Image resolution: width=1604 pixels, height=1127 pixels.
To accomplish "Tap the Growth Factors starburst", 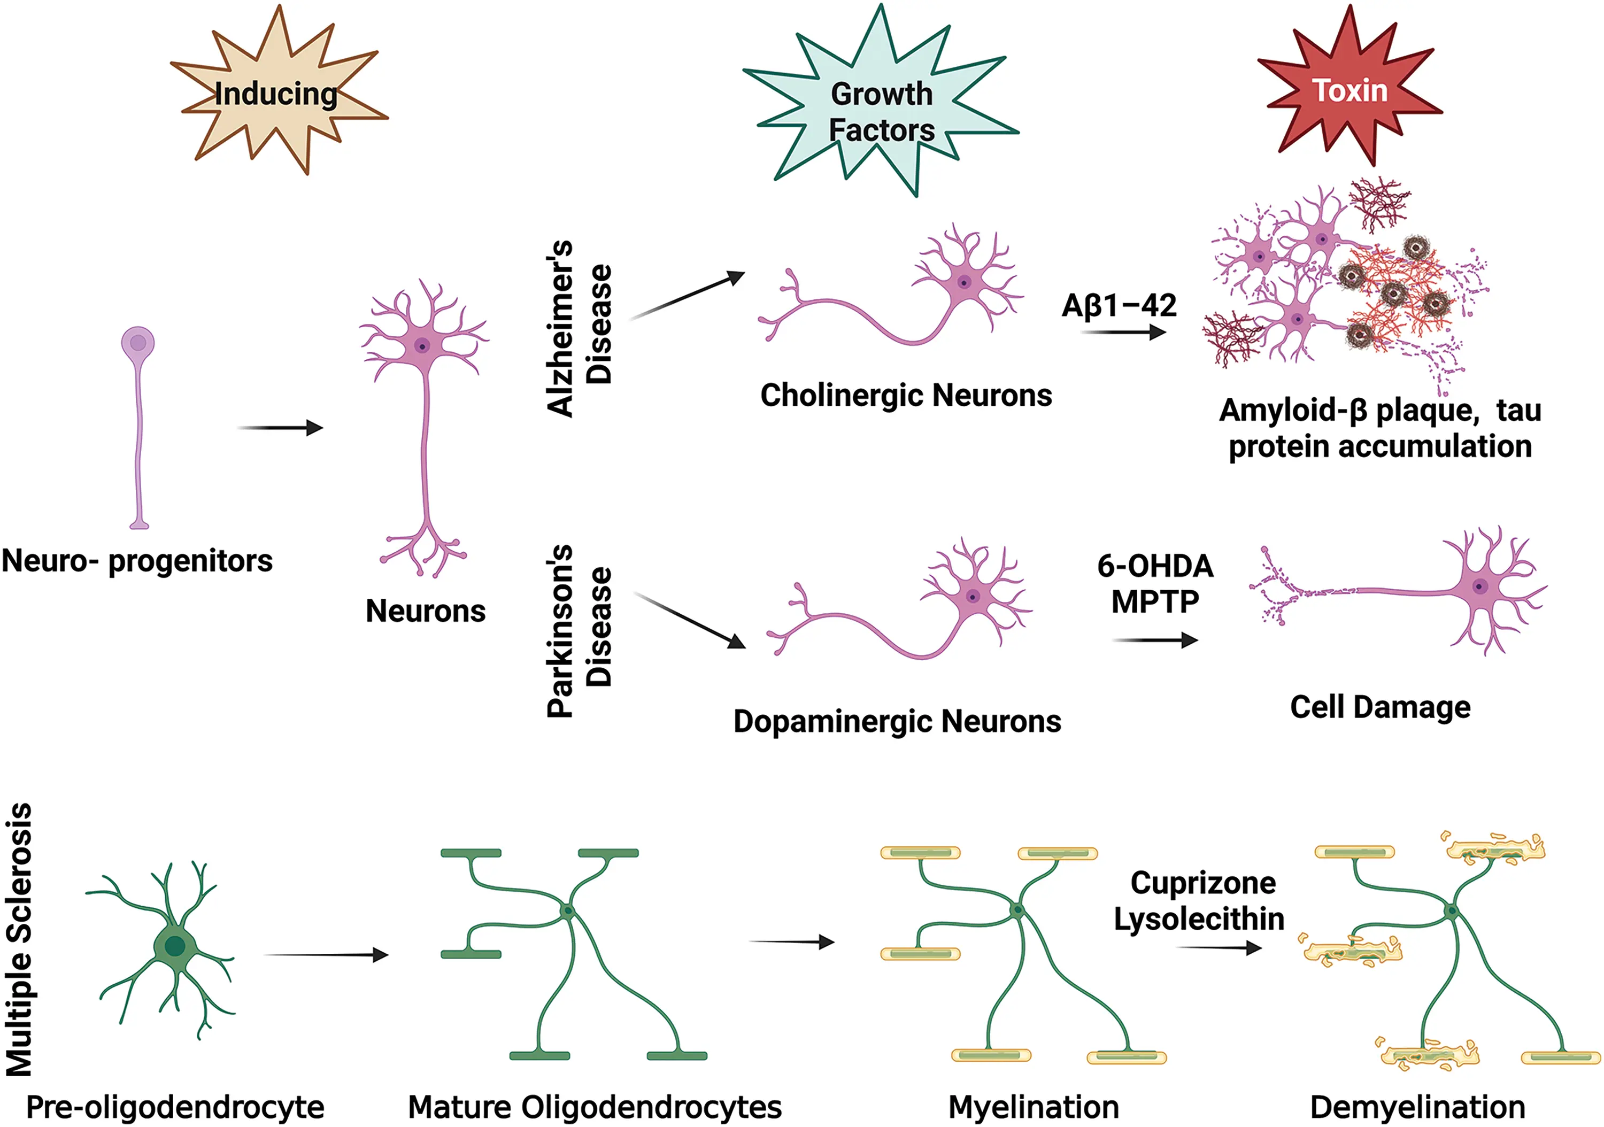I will [x=882, y=112].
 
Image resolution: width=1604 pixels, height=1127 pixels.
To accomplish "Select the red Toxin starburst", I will [x=1349, y=91].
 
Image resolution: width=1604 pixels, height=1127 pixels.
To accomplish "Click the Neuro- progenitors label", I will [x=137, y=561].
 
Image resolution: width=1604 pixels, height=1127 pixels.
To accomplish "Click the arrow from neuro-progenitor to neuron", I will [x=280, y=428].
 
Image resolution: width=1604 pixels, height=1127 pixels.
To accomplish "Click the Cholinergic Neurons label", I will [x=906, y=396].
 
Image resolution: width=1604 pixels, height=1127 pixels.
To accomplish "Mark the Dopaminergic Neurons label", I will [x=897, y=722].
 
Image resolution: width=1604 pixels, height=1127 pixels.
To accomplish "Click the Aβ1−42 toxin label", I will [x=1119, y=305].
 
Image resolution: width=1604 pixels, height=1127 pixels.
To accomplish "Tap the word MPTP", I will [x=1155, y=601].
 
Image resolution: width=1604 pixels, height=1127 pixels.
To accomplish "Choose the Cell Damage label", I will [x=1380, y=707].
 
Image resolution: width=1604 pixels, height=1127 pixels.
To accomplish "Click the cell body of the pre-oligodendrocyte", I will [x=175, y=947].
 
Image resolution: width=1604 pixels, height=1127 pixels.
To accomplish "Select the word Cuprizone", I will [x=1203, y=883].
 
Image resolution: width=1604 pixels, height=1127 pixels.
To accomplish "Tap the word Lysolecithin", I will [x=1199, y=920].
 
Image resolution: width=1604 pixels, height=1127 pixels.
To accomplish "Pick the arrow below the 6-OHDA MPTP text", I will [x=1155, y=640].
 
